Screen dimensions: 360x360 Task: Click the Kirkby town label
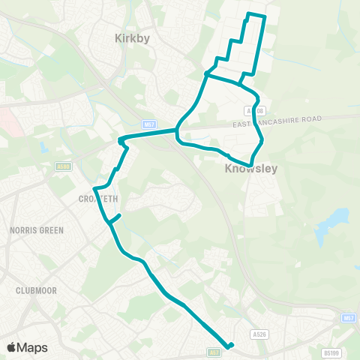[133, 37]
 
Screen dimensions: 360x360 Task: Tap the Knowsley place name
[251, 169]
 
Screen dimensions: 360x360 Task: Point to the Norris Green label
[37, 230]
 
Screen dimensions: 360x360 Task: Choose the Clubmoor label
[37, 289]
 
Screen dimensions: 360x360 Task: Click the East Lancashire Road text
[277, 120]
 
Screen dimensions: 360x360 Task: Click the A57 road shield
[214, 350]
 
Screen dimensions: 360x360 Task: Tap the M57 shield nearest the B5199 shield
[347, 319]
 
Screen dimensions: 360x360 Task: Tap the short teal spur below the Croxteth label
[115, 218]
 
